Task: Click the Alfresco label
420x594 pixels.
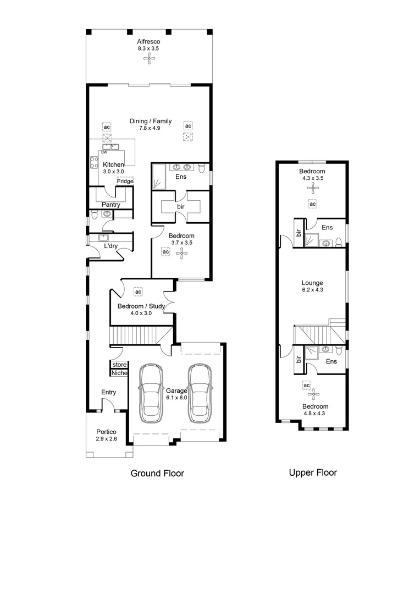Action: (x=148, y=41)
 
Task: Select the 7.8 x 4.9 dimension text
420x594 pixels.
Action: (x=150, y=129)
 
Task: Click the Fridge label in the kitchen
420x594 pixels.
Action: (x=125, y=181)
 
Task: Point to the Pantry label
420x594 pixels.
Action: (x=111, y=205)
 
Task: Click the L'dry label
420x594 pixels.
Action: (x=111, y=246)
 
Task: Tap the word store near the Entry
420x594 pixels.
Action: (x=119, y=365)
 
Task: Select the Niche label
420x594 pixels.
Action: (x=119, y=373)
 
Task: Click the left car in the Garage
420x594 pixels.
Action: (x=150, y=393)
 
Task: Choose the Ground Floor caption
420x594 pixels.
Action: (x=157, y=473)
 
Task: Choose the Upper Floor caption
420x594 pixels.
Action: (x=313, y=472)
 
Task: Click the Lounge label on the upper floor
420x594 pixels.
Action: (x=312, y=283)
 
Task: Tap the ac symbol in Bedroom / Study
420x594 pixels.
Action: (x=139, y=291)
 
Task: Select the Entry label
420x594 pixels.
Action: (x=109, y=392)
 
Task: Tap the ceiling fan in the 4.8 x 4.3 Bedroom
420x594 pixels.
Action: (x=313, y=394)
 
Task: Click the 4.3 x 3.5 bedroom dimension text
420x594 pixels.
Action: (x=312, y=178)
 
